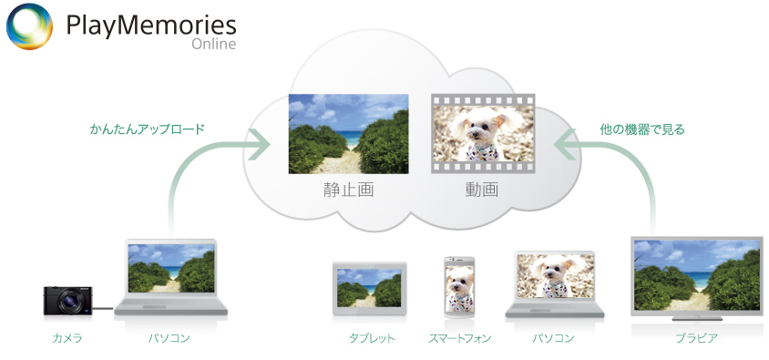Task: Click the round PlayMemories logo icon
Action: (x=29, y=26)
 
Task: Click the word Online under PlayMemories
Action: (x=214, y=44)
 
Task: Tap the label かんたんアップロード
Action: (x=147, y=129)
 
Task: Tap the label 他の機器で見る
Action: (x=642, y=129)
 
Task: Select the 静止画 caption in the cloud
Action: (x=348, y=190)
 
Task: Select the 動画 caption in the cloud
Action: (x=482, y=190)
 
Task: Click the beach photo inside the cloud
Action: (x=348, y=133)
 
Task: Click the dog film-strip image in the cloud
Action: (x=483, y=133)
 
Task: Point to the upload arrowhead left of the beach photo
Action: (x=260, y=144)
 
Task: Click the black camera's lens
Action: (x=68, y=303)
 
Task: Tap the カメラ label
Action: (x=67, y=338)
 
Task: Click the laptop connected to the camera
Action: (x=170, y=277)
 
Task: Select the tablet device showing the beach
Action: (x=369, y=288)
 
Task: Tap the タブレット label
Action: (x=372, y=338)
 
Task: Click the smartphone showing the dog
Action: (x=459, y=287)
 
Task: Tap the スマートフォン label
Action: (x=459, y=338)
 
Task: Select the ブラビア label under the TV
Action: (x=696, y=338)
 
